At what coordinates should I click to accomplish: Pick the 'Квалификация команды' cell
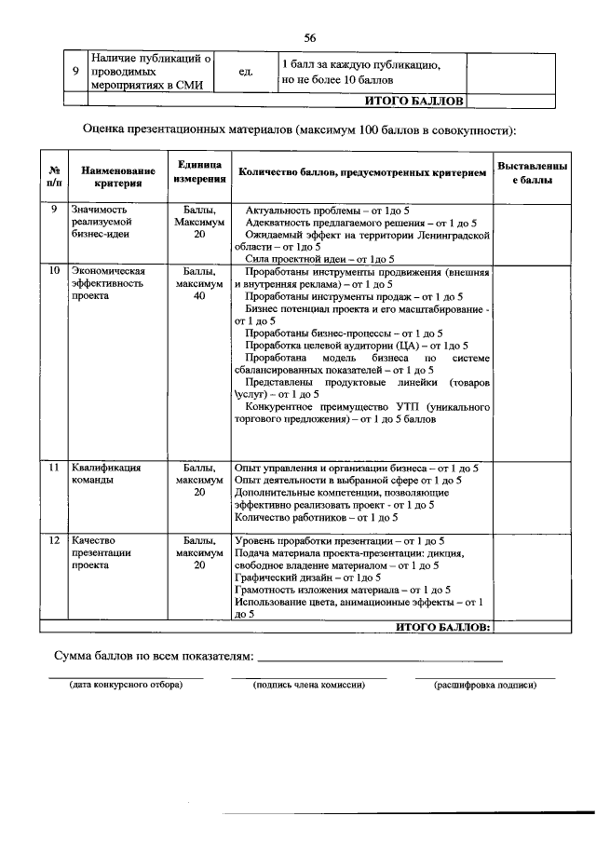pos(105,474)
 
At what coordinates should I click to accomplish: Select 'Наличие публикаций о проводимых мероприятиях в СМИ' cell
pos(152,72)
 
